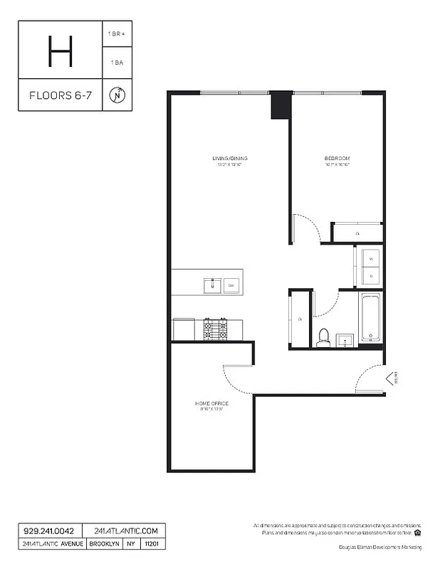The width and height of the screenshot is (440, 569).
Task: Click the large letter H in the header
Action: pyautogui.click(x=60, y=50)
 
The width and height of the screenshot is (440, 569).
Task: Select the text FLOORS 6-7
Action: pyautogui.click(x=60, y=95)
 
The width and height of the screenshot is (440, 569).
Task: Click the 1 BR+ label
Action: pyautogui.click(x=117, y=33)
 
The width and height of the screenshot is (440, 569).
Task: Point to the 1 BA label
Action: pyautogui.click(x=117, y=63)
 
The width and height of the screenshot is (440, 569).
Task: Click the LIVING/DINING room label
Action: pyautogui.click(x=229, y=158)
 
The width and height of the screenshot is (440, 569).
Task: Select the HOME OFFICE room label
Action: pyautogui.click(x=211, y=404)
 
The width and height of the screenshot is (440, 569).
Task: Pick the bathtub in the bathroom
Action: pyautogui.click(x=370, y=317)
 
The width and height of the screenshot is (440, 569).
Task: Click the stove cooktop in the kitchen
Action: pyautogui.click(x=216, y=329)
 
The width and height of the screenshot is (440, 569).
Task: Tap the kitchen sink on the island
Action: pyautogui.click(x=212, y=286)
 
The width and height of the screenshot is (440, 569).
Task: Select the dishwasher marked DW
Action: pyautogui.click(x=231, y=286)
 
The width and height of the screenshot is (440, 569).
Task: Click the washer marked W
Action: pyautogui.click(x=370, y=258)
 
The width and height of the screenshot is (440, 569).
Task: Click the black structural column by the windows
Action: pyautogui.click(x=282, y=105)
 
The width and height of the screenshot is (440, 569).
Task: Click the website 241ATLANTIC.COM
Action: pyautogui.click(x=125, y=531)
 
